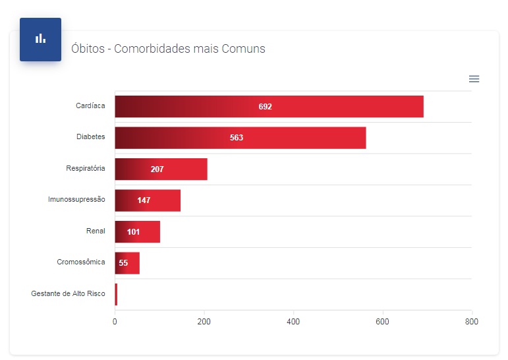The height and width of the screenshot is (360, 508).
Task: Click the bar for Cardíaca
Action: coord(269,107)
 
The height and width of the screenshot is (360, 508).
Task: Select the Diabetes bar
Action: coord(240,138)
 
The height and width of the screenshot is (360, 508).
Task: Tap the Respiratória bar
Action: coord(161,169)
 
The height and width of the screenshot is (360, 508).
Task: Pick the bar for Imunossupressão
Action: coord(148,200)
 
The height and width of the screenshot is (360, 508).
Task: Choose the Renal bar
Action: coord(137,232)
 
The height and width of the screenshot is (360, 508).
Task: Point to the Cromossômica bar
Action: coord(127,263)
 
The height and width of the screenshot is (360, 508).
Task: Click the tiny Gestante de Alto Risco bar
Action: coord(116,294)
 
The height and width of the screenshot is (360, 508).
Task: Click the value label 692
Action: coord(265,107)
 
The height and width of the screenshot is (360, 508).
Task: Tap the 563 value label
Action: coord(237,138)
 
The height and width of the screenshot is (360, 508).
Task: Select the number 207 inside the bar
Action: coord(157,169)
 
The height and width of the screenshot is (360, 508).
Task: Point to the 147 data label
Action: coord(144,200)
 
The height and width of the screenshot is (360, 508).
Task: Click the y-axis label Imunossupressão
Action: coord(76,199)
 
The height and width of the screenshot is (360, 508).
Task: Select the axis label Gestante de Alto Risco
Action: coord(68,293)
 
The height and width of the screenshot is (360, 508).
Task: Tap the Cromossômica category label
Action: coord(81,262)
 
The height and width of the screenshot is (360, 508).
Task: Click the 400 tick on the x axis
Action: coord(293,322)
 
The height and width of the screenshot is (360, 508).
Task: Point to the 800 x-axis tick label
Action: coord(471,322)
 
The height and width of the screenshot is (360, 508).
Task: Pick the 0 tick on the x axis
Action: coord(115,322)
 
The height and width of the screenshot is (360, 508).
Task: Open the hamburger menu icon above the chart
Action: coord(474,79)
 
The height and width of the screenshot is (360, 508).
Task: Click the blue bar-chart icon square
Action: coord(40,39)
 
